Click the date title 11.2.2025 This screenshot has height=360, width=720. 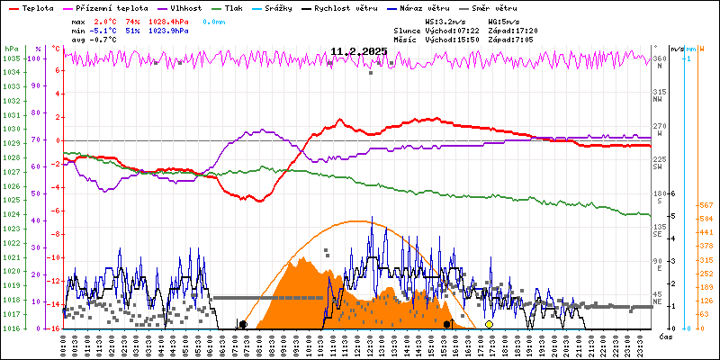point(358,51)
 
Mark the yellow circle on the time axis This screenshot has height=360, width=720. point(489,324)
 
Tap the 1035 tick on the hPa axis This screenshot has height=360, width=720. point(11,58)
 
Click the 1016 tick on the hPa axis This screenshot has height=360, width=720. point(11,328)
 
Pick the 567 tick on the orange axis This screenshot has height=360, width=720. point(705,205)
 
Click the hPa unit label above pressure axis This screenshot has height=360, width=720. point(11,49)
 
